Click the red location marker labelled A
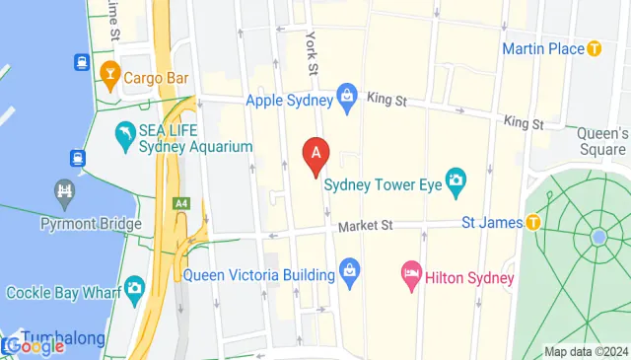[315, 155]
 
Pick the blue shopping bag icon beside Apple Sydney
[346, 96]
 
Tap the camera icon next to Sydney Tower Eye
[455, 179]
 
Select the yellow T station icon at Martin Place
[594, 48]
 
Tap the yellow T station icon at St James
[533, 223]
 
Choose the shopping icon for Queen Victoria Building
[347, 268]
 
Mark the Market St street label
[365, 226]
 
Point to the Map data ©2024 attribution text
[586, 351]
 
